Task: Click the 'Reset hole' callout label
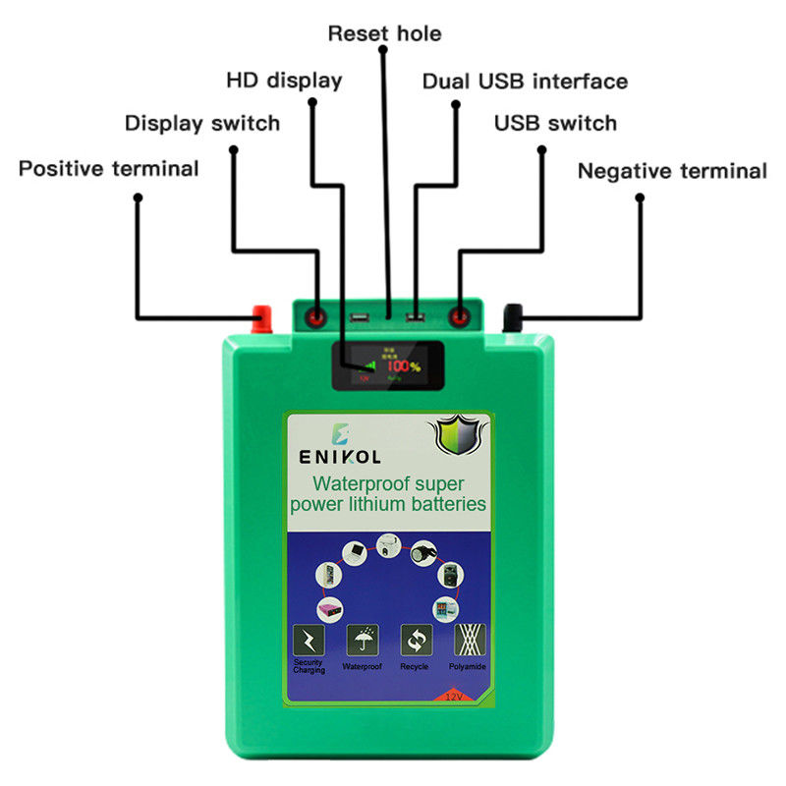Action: click(384, 33)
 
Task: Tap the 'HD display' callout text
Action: click(284, 80)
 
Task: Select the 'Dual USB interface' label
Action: click(525, 81)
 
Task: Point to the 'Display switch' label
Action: click(202, 124)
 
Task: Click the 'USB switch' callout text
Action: click(555, 124)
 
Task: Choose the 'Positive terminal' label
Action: click(109, 169)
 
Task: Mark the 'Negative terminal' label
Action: click(672, 171)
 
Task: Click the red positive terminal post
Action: click(262, 316)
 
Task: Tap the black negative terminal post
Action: click(513, 316)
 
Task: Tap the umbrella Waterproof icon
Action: click(362, 641)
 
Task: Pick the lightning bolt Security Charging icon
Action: click(308, 642)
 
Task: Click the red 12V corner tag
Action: click(455, 696)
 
